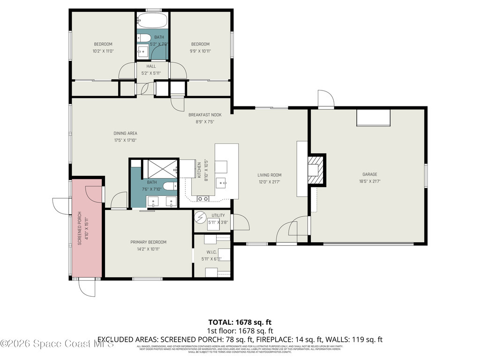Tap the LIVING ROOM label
tap(269, 175)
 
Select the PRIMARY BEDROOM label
tap(148, 242)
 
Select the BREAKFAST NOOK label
tap(205, 115)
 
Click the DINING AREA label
tap(125, 133)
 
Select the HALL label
tap(151, 67)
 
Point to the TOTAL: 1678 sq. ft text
tap(240, 322)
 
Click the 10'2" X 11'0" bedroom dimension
tap(103, 51)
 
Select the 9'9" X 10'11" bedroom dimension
tap(200, 51)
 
